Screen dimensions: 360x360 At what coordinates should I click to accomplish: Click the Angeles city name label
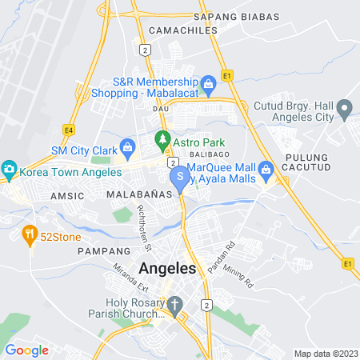(x=167, y=269)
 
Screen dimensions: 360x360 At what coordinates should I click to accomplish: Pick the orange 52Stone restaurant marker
(x=29, y=234)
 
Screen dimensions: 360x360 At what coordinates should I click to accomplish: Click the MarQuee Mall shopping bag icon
(x=266, y=169)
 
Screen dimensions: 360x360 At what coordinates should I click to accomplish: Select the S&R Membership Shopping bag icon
(x=208, y=83)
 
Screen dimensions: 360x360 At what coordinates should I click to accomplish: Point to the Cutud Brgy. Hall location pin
(x=345, y=107)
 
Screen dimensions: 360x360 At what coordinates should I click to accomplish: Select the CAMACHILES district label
(x=179, y=30)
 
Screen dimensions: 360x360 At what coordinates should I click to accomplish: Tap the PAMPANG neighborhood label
(x=98, y=250)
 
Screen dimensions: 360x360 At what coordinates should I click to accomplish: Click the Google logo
(x=26, y=350)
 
